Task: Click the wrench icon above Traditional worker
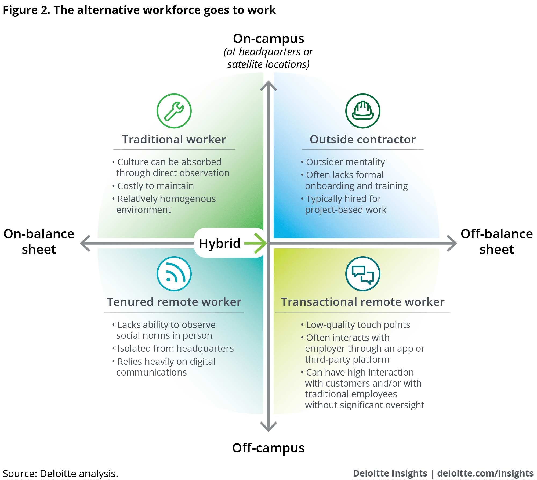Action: coord(174,111)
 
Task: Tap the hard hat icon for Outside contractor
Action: coord(363,111)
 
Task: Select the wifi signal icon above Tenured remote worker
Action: coord(174,274)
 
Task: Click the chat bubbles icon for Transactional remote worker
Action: coord(363,274)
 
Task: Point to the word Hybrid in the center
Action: coord(220,243)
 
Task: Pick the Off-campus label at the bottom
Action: coord(268,448)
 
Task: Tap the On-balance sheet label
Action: coord(39,241)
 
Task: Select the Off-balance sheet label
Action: coord(497,241)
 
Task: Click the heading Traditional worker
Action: coord(174,139)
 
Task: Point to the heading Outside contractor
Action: coord(363,139)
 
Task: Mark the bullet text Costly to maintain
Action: coord(155,186)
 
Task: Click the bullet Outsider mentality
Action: coord(345,162)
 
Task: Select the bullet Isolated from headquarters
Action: coord(175,348)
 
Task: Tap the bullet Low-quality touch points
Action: coord(358,325)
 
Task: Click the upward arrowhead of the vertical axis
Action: coord(268,85)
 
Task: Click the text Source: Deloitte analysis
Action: coord(60,473)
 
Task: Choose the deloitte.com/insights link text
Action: coord(485,473)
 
